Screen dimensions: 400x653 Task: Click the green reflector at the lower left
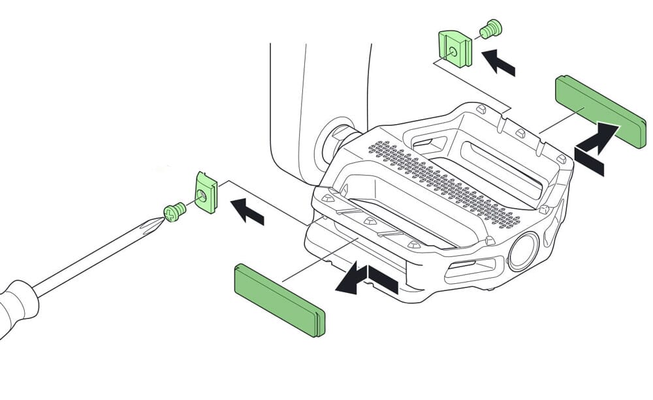tap(279, 300)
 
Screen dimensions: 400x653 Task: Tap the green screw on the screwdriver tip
tap(173, 211)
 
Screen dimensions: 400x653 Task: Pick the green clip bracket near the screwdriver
tap(206, 192)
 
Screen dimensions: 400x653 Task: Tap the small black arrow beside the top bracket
tap(498, 62)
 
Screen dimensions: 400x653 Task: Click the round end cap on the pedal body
tap(523, 251)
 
